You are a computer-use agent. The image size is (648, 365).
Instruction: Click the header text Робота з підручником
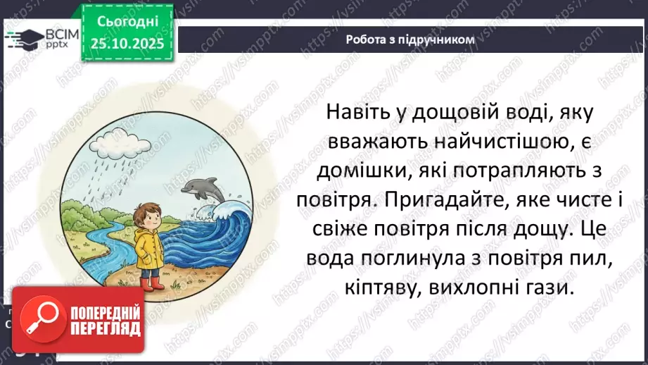pyautogui.click(x=410, y=39)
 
